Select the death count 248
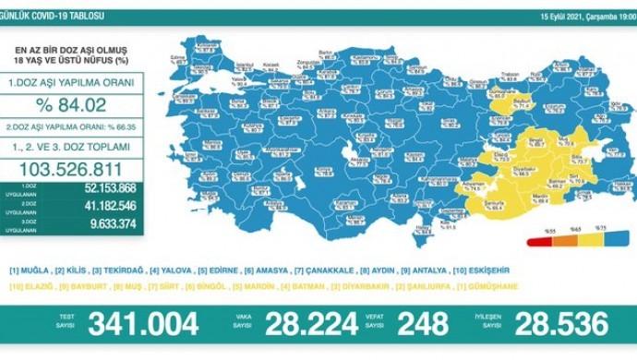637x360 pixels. pos(423,324)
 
